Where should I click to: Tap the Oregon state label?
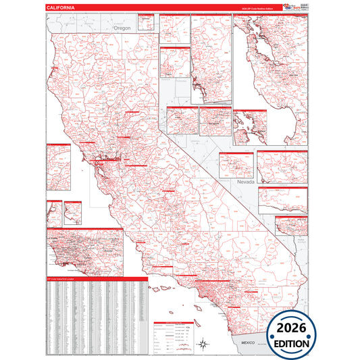pyautogui.click(x=122, y=28)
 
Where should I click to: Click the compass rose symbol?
pyautogui.click(x=202, y=346)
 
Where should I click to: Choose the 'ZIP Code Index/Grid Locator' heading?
pyautogui.click(x=61, y=279)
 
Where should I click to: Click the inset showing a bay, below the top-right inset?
pyautogui.click(x=251, y=126)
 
